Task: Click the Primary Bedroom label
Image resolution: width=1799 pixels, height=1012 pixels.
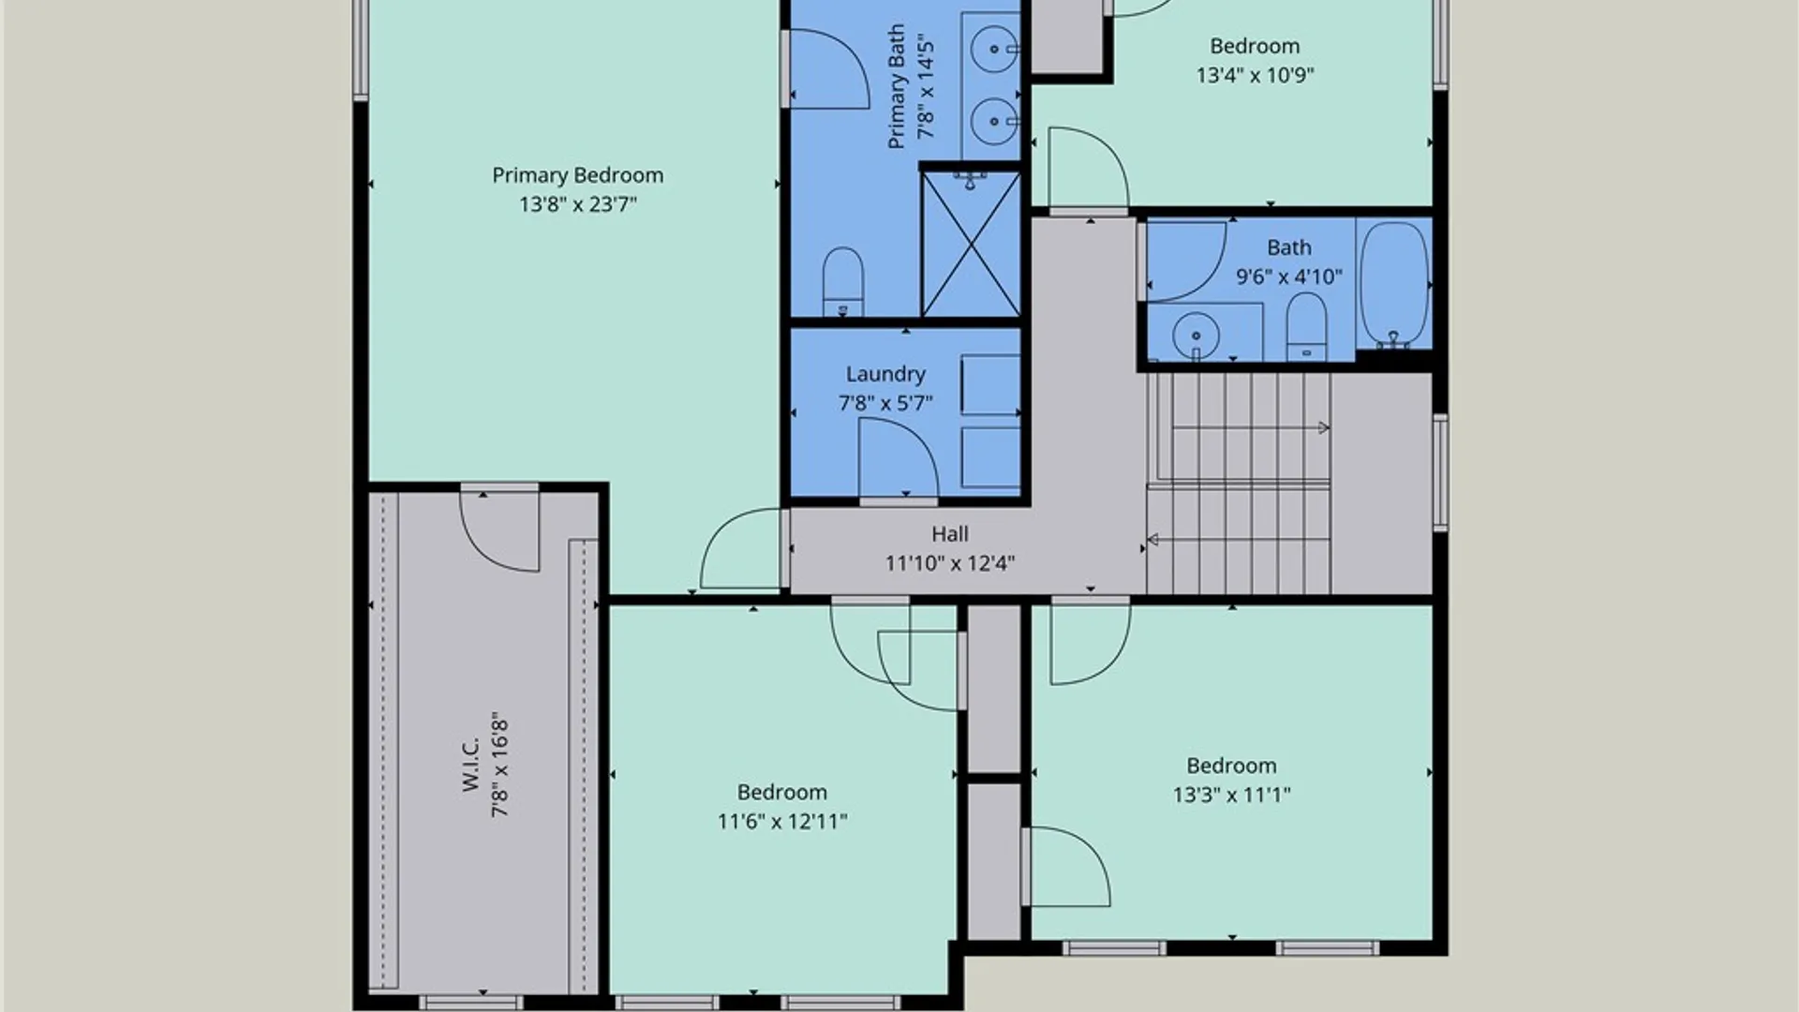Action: pos(577,175)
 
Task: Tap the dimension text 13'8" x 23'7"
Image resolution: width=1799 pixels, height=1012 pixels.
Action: pos(578,204)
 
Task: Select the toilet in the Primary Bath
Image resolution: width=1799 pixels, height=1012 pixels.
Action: pos(842,281)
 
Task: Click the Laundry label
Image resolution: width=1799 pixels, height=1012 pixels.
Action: pos(885,375)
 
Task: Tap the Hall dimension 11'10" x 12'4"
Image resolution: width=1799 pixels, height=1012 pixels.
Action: pos(950,563)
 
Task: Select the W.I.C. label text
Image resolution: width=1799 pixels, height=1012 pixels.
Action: pos(470,764)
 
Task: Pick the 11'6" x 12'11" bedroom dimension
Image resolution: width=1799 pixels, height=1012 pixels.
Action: pos(782,822)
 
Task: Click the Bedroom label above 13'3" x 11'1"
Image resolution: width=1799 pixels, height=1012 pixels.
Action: pos(1231,766)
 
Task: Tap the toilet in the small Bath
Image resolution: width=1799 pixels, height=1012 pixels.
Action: pos(1306,326)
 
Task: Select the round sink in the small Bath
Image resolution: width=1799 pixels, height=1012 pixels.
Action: pos(1196,334)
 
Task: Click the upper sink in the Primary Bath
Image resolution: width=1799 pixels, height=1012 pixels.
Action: pos(993,48)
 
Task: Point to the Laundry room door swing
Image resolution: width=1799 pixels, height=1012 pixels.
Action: pos(898,458)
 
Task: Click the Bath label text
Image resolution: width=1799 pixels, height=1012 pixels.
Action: pos(1289,247)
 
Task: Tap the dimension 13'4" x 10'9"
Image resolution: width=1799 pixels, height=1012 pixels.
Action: pos(1255,75)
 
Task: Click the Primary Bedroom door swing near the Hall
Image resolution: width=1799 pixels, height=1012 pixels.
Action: pos(740,549)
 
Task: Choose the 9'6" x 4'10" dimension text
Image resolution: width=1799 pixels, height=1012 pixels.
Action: pos(1289,276)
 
